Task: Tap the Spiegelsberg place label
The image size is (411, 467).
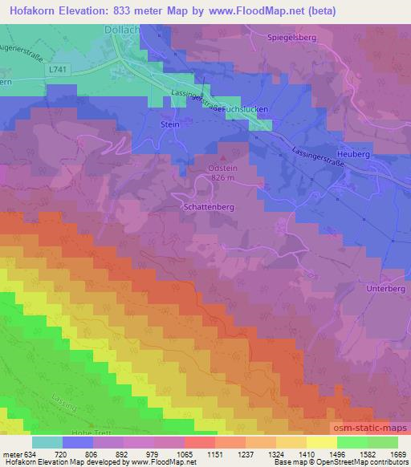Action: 281,37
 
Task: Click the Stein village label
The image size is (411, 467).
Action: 169,125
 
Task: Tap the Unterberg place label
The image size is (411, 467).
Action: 387,288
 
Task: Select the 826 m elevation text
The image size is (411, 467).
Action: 222,178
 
